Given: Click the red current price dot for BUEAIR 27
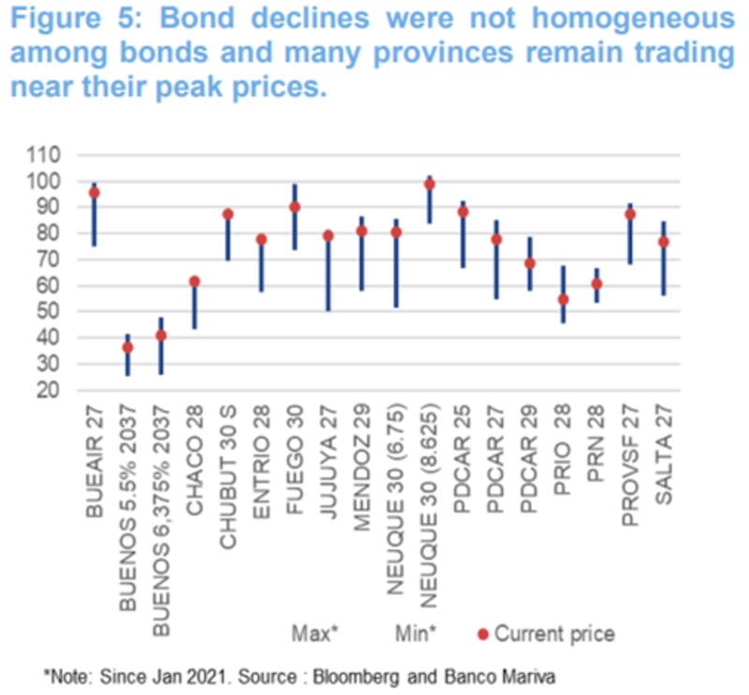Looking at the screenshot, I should pyautogui.click(x=94, y=193).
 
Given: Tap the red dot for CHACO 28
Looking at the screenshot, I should pyautogui.click(x=194, y=282).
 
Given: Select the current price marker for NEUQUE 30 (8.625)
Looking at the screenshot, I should pyautogui.click(x=430, y=184).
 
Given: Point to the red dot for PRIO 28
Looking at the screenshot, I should pyautogui.click(x=563, y=299).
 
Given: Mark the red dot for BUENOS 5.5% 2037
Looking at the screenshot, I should pyautogui.click(x=127, y=348).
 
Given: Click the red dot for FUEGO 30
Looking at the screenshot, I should pyautogui.click(x=295, y=208).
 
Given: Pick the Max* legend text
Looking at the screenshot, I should pyautogui.click(x=314, y=634).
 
